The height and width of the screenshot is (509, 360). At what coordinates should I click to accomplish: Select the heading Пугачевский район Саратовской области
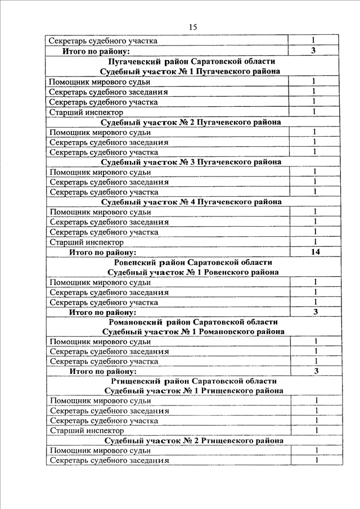pyautogui.click(x=191, y=61)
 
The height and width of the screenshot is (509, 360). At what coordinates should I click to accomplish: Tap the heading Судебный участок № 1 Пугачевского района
pyautogui.click(x=191, y=71)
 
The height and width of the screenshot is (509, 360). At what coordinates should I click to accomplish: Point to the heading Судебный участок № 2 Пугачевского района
pyautogui.click(x=191, y=122)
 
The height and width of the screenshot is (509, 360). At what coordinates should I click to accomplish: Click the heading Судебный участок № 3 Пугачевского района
pyautogui.click(x=191, y=162)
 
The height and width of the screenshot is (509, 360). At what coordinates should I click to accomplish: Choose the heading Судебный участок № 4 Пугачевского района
pyautogui.click(x=191, y=201)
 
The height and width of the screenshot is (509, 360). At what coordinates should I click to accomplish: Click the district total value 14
pyautogui.click(x=315, y=252)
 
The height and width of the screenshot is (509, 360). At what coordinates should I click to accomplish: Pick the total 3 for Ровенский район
pyautogui.click(x=316, y=312)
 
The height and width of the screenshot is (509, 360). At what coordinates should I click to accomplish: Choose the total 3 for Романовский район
pyautogui.click(x=316, y=371)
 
